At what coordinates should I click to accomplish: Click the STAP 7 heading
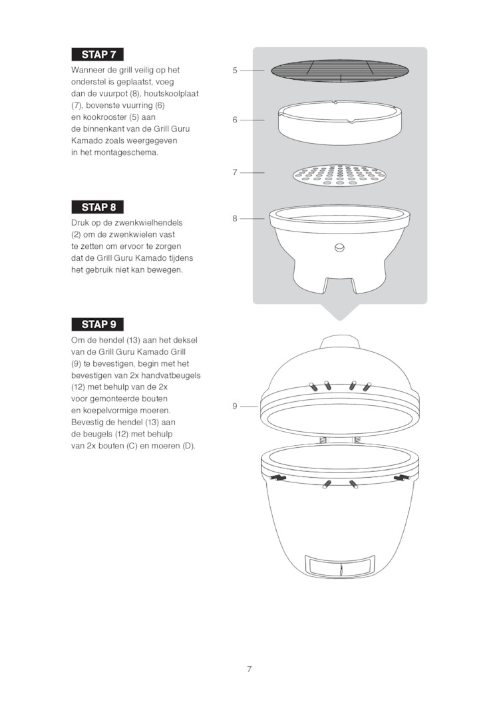pyautogui.click(x=97, y=55)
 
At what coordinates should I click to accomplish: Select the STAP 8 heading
pyautogui.click(x=97, y=207)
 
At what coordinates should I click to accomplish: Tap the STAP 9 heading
pyautogui.click(x=97, y=324)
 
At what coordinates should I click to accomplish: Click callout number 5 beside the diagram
pyautogui.click(x=235, y=71)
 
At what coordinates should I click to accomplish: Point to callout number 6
pyautogui.click(x=235, y=120)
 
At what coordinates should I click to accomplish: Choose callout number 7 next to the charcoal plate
pyautogui.click(x=235, y=172)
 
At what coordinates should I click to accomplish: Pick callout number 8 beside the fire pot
pyautogui.click(x=235, y=218)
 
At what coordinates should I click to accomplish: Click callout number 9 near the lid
pyautogui.click(x=235, y=406)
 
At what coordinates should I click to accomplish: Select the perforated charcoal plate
pyautogui.click(x=340, y=175)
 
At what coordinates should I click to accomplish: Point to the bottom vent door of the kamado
pyautogui.click(x=340, y=566)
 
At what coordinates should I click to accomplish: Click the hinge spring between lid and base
pyautogui.click(x=340, y=440)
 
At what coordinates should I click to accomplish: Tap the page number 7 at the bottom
pyautogui.click(x=249, y=669)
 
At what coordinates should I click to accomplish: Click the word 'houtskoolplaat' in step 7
pyautogui.click(x=171, y=94)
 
